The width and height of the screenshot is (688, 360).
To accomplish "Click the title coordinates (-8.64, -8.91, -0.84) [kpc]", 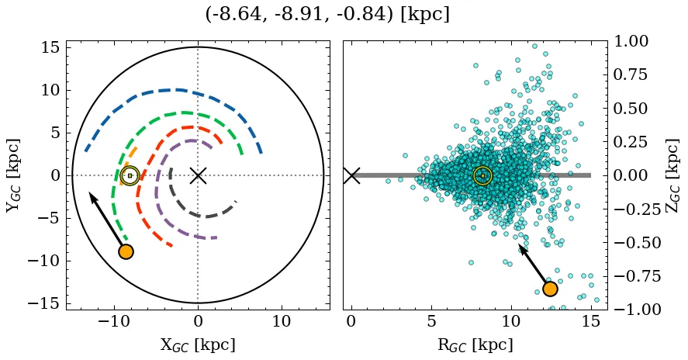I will tap(327, 15).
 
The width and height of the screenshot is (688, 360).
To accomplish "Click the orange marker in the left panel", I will tap(126, 251).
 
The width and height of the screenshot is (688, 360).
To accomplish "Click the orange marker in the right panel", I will tap(550, 289).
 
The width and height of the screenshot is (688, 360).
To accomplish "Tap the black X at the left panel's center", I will tap(198, 175).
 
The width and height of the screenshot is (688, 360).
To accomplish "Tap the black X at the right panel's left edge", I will tap(351, 175).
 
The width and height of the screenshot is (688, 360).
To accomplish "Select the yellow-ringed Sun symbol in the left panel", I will tap(130, 175).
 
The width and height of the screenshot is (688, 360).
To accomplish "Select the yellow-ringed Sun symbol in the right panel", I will tap(482, 175).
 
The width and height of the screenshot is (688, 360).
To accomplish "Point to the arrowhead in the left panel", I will tap(92, 196).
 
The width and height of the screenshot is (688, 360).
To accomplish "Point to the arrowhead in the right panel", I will tap(522, 248).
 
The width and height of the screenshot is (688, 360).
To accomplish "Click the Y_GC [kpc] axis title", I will tap(15, 175).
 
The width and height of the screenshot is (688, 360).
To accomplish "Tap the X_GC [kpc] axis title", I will tap(197, 344).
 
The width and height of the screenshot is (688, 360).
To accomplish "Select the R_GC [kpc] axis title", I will tap(475, 344).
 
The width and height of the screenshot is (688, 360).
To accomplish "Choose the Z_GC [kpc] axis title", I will tap(672, 175).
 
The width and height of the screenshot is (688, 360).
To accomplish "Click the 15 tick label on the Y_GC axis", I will tap(49, 48).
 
